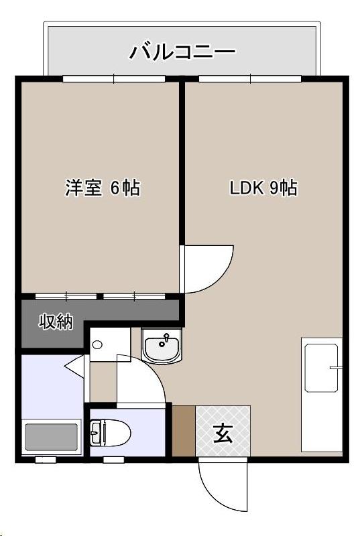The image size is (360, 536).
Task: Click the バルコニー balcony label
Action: pyautogui.click(x=182, y=51)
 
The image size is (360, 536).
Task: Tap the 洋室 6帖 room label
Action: pyautogui.click(x=102, y=188)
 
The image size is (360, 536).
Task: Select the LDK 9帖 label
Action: pyautogui.click(x=263, y=188)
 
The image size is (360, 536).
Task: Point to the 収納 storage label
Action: pyautogui.click(x=54, y=322)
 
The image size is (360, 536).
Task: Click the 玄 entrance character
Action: pyautogui.click(x=223, y=434)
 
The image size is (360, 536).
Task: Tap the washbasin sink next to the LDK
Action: pyautogui.click(x=162, y=347)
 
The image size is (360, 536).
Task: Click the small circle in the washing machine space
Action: pyautogui.click(x=97, y=345)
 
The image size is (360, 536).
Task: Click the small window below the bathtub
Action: pyautogui.click(x=45, y=460)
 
